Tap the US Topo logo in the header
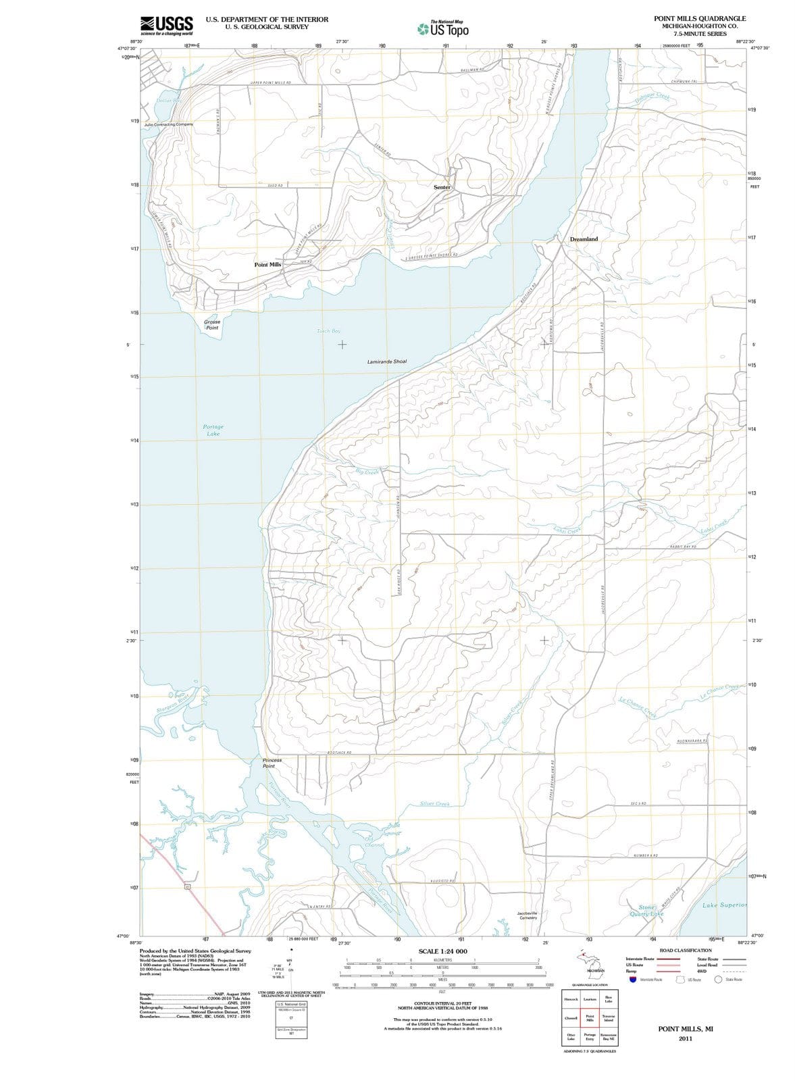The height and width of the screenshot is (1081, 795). click(x=442, y=28)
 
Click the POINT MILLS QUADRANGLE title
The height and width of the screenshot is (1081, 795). click(x=700, y=18)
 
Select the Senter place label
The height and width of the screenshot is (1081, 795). click(x=442, y=187)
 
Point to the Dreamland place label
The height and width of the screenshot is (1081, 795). click(x=584, y=239)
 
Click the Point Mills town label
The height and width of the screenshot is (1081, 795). click(x=267, y=265)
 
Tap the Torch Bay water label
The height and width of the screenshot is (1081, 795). click(x=329, y=331)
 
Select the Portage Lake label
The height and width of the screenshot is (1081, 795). click(x=213, y=430)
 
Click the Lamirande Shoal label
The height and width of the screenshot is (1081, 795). click(x=387, y=362)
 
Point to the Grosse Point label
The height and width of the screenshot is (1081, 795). click(x=212, y=325)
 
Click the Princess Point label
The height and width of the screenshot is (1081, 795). click(x=272, y=763)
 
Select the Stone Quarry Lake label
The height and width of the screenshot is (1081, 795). click(x=646, y=911)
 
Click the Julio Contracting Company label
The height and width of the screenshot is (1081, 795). click(x=169, y=125)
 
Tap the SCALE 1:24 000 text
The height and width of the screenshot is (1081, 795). click(x=442, y=951)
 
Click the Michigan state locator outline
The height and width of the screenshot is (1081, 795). click(x=586, y=960)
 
